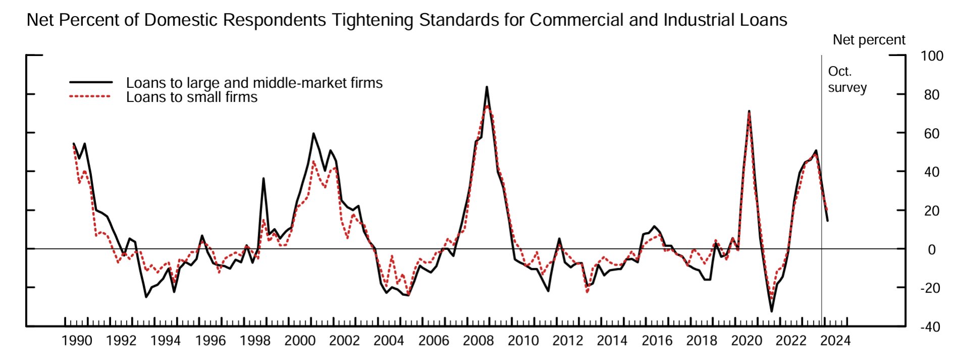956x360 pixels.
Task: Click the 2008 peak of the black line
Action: point(486,87)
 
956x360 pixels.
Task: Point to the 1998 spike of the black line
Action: point(263,178)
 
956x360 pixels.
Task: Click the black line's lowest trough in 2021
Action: point(771,311)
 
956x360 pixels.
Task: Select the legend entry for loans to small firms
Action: point(191,97)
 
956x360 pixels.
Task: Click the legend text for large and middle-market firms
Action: point(254,82)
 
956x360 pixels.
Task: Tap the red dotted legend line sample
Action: point(90,96)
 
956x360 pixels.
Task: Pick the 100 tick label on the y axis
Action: point(931,56)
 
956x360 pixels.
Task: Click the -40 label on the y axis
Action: point(929,327)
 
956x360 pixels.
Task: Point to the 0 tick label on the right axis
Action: point(931,249)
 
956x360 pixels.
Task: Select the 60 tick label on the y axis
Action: point(931,134)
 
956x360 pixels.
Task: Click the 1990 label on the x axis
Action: point(77,341)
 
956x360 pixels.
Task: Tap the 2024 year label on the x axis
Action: point(835,341)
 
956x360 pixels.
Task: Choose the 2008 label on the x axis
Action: point(478,341)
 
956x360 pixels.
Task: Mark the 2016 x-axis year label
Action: point(657,341)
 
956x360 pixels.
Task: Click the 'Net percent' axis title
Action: point(869,40)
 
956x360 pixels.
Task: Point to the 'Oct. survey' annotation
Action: point(847,79)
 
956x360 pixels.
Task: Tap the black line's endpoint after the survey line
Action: point(827,221)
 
